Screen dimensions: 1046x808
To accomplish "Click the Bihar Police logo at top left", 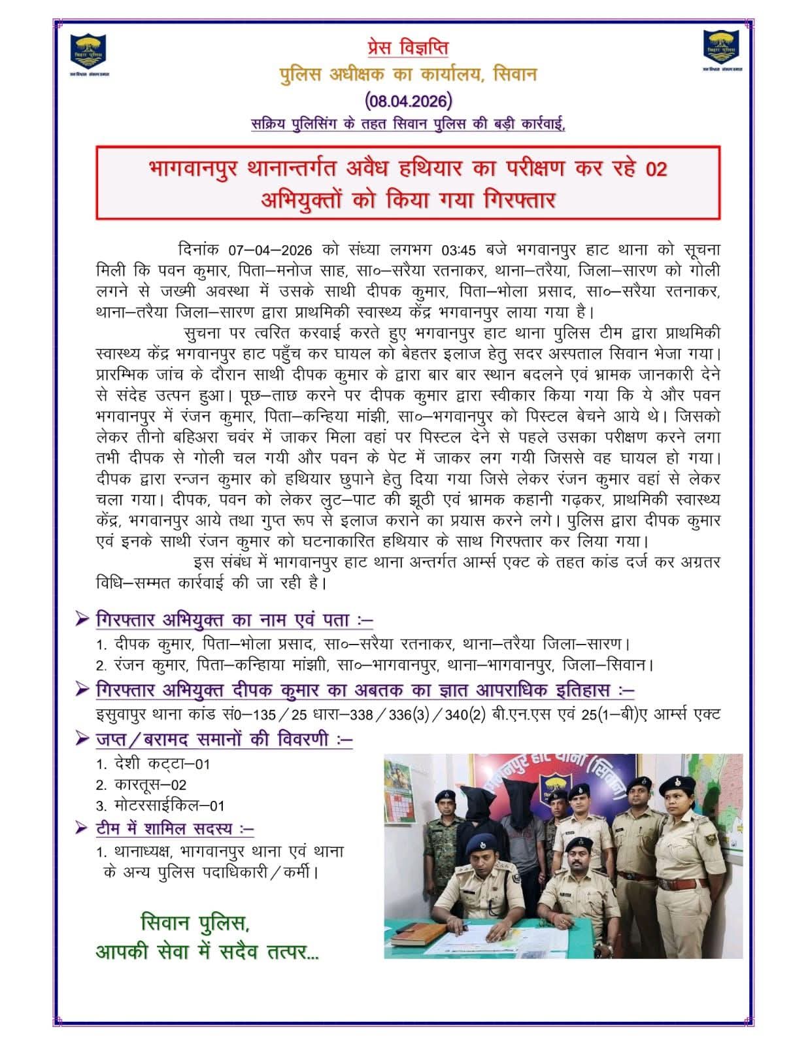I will point(89,52).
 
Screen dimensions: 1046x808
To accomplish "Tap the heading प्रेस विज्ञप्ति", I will point(407,47).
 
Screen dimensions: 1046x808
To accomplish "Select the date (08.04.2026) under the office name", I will point(408,100).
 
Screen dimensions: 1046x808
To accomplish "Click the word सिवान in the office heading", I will point(514,74).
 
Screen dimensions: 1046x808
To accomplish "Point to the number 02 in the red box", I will point(656,169).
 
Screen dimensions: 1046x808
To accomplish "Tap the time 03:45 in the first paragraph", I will point(460,250).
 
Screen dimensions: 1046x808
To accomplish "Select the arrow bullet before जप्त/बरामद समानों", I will point(82,739).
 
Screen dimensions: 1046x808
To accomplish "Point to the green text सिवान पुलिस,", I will point(195,923).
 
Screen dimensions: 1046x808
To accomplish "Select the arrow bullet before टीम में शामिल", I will point(82,828).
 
